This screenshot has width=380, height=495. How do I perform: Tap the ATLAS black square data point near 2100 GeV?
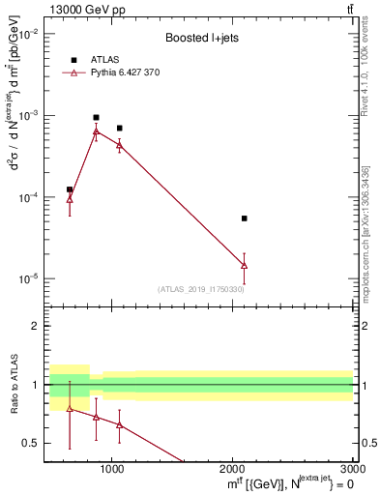(x=244, y=218)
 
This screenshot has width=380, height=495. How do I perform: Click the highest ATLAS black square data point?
(x=96, y=117)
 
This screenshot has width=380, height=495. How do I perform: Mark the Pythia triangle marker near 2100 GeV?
(x=244, y=265)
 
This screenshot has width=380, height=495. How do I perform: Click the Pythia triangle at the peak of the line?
(x=96, y=131)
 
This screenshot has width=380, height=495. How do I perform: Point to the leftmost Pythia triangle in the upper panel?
(x=70, y=198)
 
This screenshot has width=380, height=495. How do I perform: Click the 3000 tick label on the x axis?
(x=352, y=468)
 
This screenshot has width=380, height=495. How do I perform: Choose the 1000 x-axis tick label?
(x=112, y=468)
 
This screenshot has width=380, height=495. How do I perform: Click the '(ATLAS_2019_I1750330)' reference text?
(x=201, y=289)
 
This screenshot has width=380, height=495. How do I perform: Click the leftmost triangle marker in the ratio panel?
(x=70, y=408)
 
